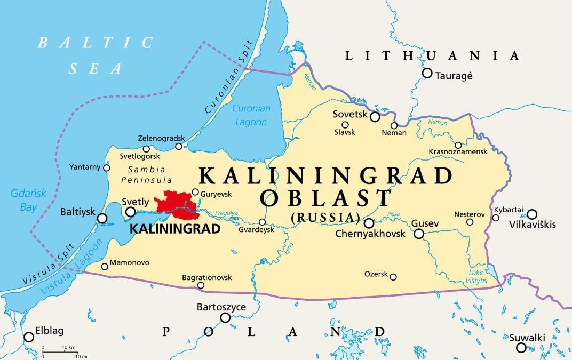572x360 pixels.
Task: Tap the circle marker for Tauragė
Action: click(x=427, y=73)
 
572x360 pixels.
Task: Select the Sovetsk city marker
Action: click(x=375, y=117)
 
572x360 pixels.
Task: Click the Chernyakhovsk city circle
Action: click(x=369, y=223)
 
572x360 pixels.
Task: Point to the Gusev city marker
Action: click(x=419, y=234)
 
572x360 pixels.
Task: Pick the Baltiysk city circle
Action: click(x=102, y=218)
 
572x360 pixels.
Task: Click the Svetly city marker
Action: click(x=130, y=212)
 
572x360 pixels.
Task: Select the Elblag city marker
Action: click(x=29, y=337)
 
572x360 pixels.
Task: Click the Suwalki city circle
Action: click(x=521, y=348)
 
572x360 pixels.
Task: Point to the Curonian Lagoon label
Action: click(x=251, y=115)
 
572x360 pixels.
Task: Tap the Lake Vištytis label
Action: click(x=478, y=276)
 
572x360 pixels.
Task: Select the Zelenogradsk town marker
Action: click(x=179, y=146)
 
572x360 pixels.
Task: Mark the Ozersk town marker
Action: click(x=393, y=277)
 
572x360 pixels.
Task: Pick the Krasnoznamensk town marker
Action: click(x=458, y=145)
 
